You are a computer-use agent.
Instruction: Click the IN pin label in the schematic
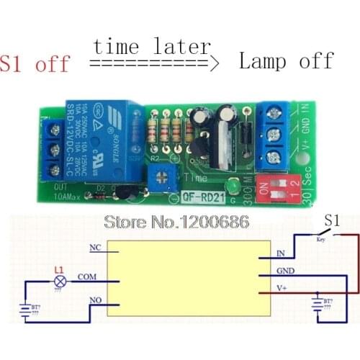pos(282,254)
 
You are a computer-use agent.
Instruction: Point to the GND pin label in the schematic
pos(284,271)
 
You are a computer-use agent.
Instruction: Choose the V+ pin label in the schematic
pos(283,288)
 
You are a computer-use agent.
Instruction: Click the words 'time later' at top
pos(151,47)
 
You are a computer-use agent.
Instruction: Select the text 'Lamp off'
pos(286,60)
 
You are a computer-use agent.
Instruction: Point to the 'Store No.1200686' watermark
pos(176,221)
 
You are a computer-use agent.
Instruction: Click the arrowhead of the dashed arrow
pos(213,64)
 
